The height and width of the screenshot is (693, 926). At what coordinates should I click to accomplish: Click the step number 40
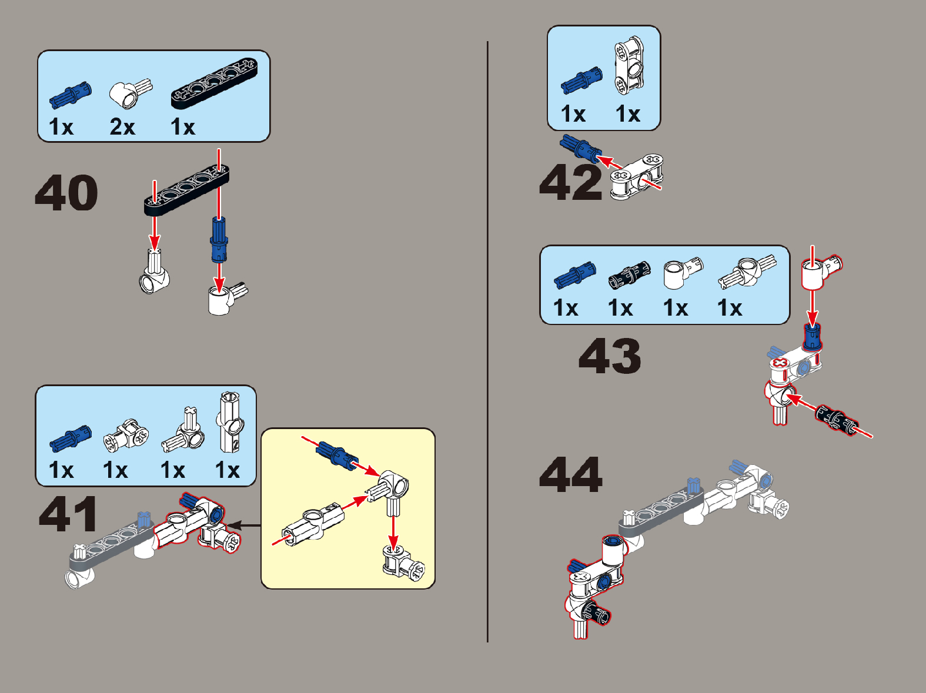point(66,192)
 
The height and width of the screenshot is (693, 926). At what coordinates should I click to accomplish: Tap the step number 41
point(68,514)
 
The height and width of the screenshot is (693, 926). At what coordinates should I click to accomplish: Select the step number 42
point(570,182)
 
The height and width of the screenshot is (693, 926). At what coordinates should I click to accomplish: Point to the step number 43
point(610,356)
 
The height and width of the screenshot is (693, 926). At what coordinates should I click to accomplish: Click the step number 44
point(571,474)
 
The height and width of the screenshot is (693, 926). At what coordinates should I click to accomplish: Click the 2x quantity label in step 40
point(122,126)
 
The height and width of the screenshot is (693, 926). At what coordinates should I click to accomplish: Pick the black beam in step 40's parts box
point(214,83)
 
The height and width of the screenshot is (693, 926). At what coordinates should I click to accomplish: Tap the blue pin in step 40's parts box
point(71,93)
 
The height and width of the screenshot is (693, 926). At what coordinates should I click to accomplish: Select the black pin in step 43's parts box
point(630,275)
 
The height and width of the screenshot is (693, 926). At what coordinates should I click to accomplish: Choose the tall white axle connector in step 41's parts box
point(230,422)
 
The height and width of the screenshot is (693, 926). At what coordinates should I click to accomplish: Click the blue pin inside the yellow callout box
point(337,456)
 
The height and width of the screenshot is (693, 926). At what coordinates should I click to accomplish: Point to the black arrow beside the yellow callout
point(245,525)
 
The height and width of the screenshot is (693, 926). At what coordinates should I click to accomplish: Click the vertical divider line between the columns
point(487,342)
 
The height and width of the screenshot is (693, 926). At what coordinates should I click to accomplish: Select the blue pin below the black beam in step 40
point(219,240)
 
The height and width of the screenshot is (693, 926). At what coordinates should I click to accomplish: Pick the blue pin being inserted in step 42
point(580,149)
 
